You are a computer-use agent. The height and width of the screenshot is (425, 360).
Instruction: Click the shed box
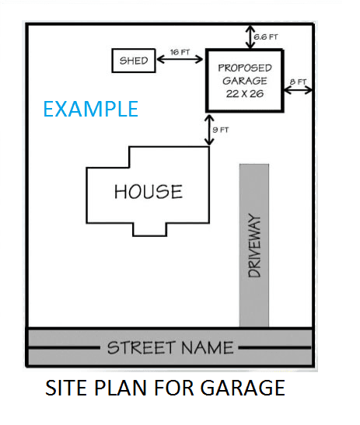134,61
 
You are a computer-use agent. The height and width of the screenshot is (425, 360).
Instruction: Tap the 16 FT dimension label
180,52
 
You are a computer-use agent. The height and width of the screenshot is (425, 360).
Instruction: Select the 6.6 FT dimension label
267,37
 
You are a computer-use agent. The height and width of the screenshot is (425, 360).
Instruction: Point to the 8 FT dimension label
298,82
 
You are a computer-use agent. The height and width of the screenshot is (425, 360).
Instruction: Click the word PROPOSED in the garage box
244,68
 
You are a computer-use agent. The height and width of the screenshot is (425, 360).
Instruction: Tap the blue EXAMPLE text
90,108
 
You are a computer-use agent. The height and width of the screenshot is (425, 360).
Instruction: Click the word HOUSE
149,191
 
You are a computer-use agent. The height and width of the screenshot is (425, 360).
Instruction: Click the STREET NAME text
170,347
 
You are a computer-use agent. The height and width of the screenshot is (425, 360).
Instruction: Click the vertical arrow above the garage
249,36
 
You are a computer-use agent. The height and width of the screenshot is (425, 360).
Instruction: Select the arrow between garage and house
208,129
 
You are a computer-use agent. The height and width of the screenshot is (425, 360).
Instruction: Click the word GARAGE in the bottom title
246,386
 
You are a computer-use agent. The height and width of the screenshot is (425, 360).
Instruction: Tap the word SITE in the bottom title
65,386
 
